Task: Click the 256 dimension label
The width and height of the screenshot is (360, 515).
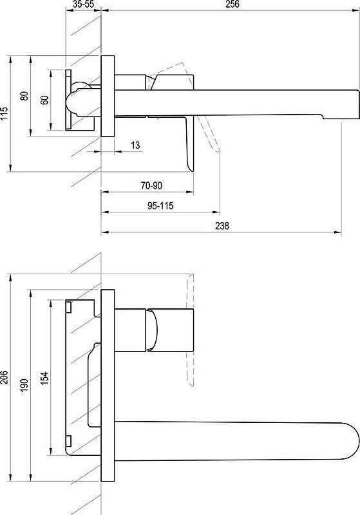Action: click(232, 5)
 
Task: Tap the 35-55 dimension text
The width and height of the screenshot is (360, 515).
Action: click(84, 5)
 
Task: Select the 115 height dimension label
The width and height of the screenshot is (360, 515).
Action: click(5, 113)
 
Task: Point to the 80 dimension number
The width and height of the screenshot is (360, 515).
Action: click(24, 96)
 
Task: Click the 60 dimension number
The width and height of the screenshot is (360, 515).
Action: click(44, 100)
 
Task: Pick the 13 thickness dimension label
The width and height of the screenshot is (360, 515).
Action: click(135, 145)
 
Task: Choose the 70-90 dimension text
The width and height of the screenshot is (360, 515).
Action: click(151, 185)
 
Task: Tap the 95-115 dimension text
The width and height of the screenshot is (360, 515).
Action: click(160, 206)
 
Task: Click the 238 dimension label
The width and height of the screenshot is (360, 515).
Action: click(222, 226)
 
